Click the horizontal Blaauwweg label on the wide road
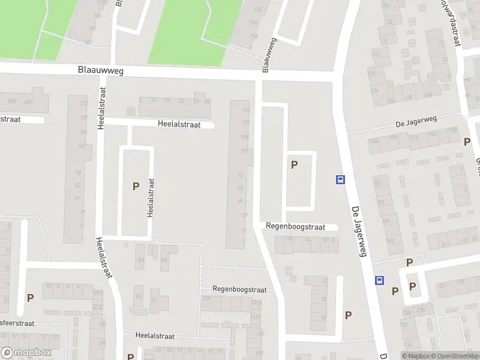coord(101,70)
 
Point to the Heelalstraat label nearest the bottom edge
coord(155,336)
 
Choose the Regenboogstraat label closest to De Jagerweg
coord(296,227)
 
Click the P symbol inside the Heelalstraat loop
coord(136,187)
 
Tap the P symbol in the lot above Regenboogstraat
coord(294,164)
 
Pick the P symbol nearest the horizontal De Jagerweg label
coord(467,142)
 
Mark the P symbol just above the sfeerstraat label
coord(30,297)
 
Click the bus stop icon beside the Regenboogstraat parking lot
coord(340,179)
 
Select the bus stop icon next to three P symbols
coord(379,280)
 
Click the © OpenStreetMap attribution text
coord(455,356)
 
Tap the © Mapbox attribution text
coord(415,356)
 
